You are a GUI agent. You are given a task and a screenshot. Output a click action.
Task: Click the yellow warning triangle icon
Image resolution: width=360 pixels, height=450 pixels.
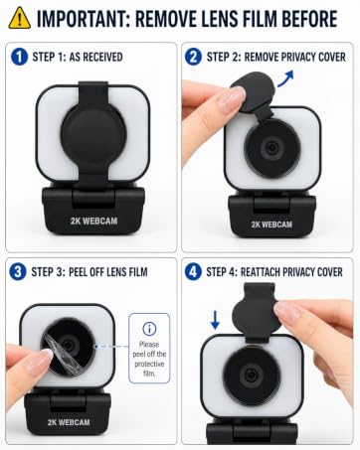point(20,18)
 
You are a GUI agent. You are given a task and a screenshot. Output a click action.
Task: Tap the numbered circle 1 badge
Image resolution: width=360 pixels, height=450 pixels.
point(19,57)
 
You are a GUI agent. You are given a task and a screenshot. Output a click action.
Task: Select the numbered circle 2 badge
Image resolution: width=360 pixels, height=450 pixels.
point(193,57)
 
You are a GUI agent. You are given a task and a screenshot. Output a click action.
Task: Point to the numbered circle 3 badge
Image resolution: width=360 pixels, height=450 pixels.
point(18,272)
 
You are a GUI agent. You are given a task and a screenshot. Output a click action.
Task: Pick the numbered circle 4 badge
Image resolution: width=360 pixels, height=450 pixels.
point(193,272)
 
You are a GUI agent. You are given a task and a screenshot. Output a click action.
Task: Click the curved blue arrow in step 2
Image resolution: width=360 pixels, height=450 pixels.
point(285,78)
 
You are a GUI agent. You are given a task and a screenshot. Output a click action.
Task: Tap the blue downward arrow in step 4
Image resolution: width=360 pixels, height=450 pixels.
point(216,320)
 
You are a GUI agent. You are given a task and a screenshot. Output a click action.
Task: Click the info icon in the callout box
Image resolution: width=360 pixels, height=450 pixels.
point(149,329)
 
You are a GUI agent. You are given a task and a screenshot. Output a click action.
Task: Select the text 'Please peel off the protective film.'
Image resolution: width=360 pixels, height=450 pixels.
point(149,359)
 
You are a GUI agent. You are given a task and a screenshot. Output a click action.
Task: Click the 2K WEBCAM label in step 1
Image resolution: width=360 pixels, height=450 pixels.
point(93,221)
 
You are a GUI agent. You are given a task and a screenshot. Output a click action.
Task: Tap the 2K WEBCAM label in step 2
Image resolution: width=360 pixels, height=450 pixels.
point(271,225)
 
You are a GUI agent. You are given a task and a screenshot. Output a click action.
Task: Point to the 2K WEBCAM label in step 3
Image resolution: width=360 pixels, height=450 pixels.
point(69,422)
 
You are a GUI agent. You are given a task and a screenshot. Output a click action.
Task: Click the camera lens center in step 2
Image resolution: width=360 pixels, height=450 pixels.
point(272,148)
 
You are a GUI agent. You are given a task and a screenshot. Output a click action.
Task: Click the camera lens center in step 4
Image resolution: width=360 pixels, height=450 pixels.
point(251,375)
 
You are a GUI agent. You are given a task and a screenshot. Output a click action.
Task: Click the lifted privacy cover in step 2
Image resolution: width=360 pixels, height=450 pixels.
point(254,93)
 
